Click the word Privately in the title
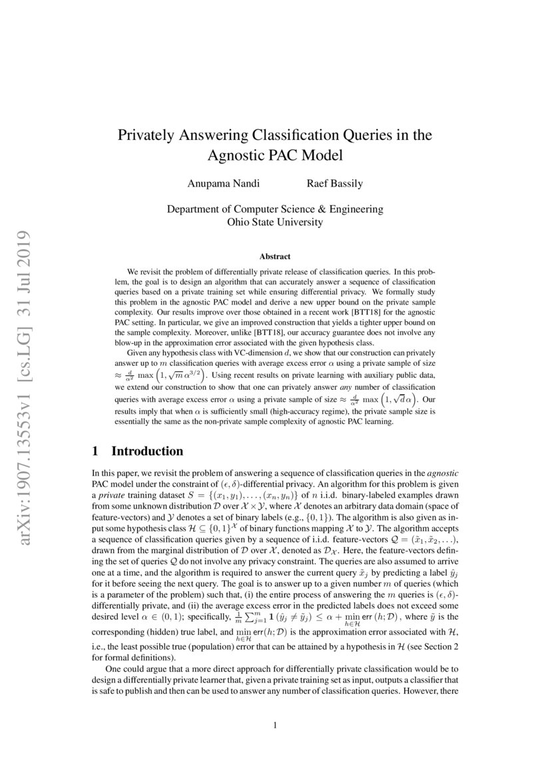(x=144, y=135)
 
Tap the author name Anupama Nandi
(x=220, y=183)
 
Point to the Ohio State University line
(x=275, y=222)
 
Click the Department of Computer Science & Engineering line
(x=275, y=209)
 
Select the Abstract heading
(x=275, y=257)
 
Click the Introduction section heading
(x=146, y=451)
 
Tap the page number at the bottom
(x=275, y=726)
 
